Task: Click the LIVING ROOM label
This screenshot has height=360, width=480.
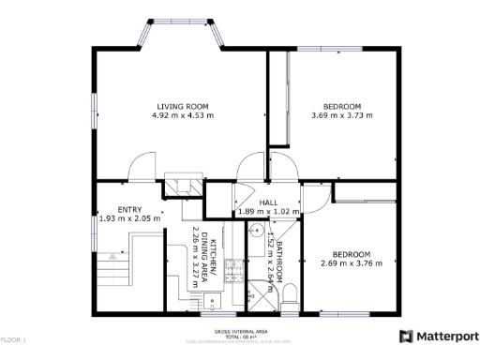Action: pos(183,106)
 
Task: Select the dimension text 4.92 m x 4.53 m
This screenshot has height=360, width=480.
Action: pos(183,116)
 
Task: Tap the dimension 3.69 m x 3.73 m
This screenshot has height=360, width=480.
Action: pos(341,116)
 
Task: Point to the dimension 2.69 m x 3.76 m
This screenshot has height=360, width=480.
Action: pos(352,263)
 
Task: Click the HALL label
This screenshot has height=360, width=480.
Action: pos(269,202)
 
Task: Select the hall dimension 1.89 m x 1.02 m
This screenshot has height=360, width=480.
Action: pos(269,212)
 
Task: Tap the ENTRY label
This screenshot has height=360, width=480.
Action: pos(129,209)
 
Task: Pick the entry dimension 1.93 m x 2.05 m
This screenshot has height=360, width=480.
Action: pos(129,218)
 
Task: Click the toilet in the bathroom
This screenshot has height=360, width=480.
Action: pos(290,292)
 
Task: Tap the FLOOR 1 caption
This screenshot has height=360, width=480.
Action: pos(13,338)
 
